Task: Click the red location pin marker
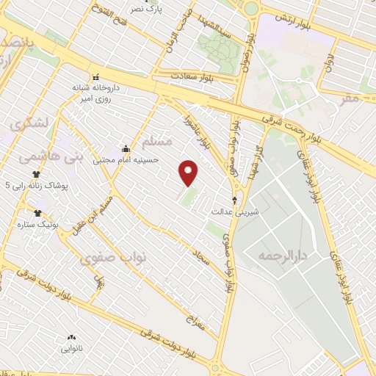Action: [x=189, y=173]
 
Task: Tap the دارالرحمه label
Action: [x=281, y=256]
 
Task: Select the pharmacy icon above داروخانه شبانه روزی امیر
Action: [x=95, y=76]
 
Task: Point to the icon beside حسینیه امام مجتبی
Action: [x=126, y=148]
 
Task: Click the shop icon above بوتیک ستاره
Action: [x=37, y=213]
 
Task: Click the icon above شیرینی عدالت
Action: [x=235, y=199]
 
